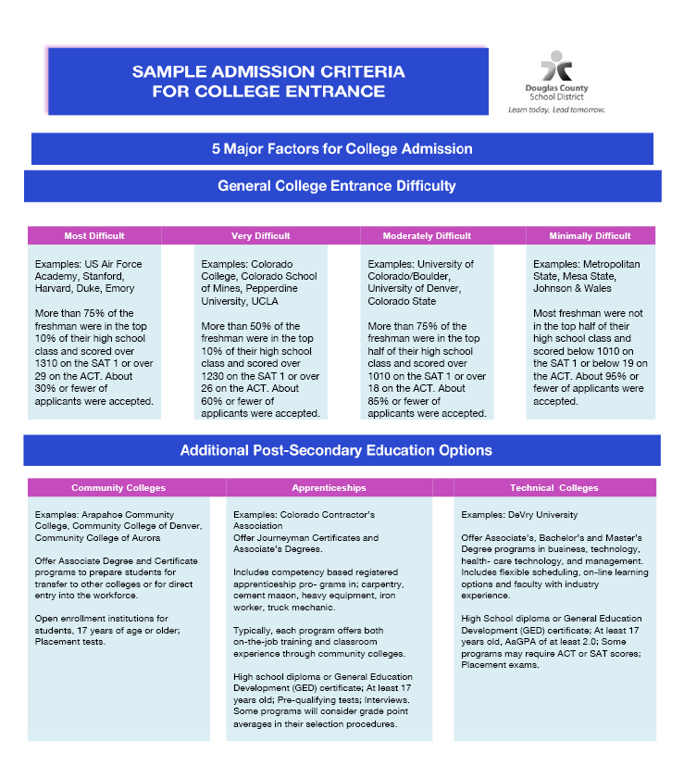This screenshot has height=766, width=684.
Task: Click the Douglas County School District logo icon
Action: [x=556, y=67]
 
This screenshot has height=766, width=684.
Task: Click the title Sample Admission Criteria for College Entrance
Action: [x=267, y=82]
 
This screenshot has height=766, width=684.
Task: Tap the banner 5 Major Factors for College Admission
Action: [x=342, y=148]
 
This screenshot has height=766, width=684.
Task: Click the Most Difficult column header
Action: [x=94, y=235]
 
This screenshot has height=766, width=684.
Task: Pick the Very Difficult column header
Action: [x=260, y=235]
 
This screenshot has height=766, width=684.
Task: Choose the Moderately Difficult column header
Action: [x=427, y=235]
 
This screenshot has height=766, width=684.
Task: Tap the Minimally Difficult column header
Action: [x=590, y=235]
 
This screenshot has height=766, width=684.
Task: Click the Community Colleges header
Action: [x=118, y=487]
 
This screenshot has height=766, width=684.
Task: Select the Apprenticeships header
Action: [x=329, y=487]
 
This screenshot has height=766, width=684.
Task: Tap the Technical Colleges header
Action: [x=553, y=487]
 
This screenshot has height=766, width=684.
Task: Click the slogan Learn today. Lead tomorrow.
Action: [x=556, y=109]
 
